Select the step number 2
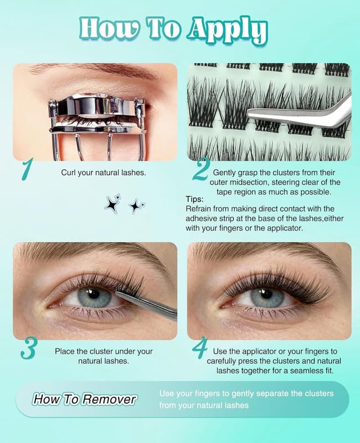pyautogui.click(x=200, y=169)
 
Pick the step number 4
pyautogui.click(x=200, y=347)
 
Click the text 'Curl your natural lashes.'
pyautogui.click(x=103, y=173)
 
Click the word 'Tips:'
pyautogui.click(x=196, y=199)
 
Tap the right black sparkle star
pyautogui.click(x=136, y=206)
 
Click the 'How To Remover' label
pyautogui.click(x=84, y=399)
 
